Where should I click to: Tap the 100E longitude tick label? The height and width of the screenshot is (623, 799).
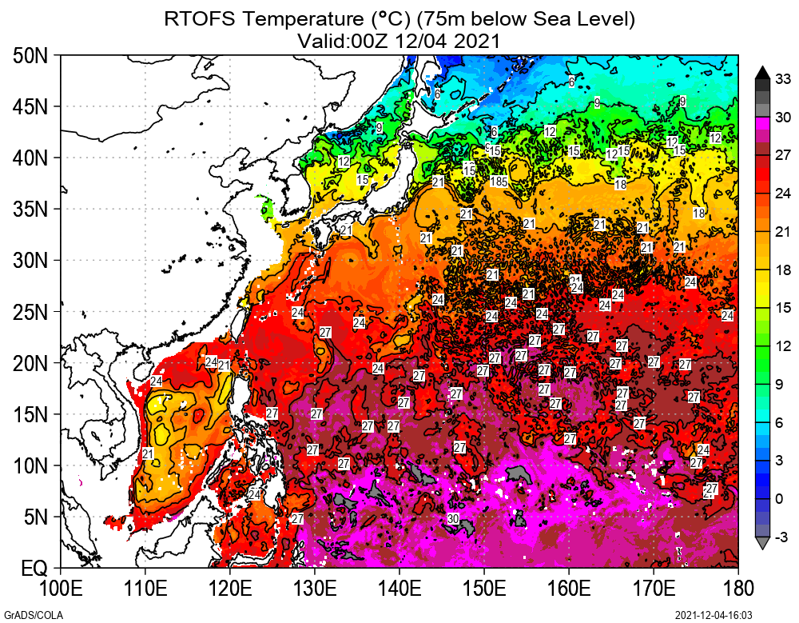click(x=61, y=589)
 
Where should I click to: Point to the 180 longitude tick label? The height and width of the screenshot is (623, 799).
click(x=737, y=589)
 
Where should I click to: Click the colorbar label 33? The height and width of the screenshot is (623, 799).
click(x=783, y=78)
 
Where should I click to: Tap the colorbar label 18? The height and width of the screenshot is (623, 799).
click(x=783, y=270)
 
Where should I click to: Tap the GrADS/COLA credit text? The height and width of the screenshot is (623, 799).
click(x=25, y=613)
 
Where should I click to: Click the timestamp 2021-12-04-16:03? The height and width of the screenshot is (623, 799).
click(x=714, y=613)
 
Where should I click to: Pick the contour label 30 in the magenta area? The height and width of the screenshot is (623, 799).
click(x=453, y=518)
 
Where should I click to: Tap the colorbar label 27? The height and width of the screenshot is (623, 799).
click(x=783, y=155)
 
